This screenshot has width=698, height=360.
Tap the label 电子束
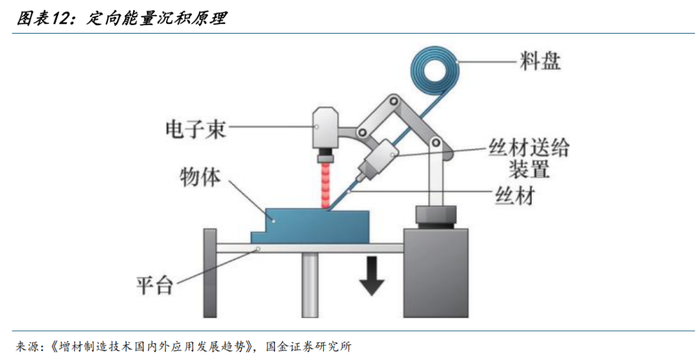tap(195, 130)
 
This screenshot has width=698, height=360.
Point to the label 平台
tap(155, 284)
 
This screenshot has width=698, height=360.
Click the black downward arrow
tap(372, 275)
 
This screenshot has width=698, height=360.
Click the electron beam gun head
tap(326, 129)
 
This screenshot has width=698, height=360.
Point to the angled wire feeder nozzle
tap(375, 161)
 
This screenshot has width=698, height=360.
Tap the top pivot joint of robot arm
tap(392, 102)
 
